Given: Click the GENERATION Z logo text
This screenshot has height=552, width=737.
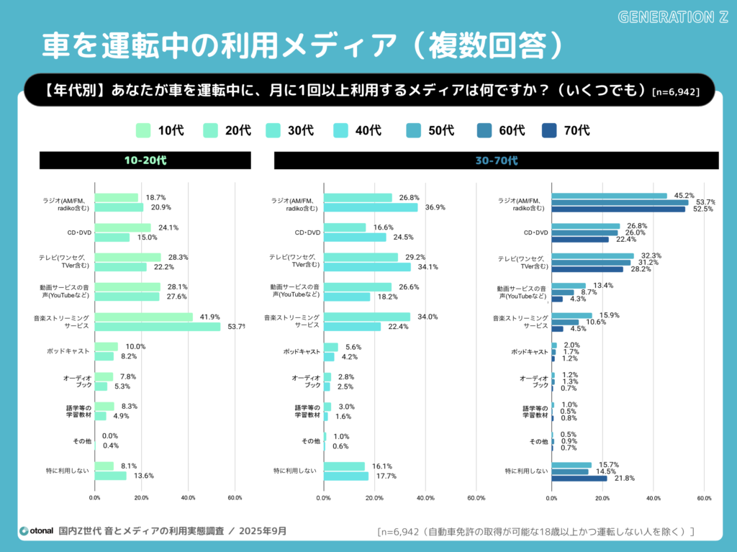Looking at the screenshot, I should click(x=673, y=17).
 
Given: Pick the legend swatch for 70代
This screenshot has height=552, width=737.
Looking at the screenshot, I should click(x=550, y=130).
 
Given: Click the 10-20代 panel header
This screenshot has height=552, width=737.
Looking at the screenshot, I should click(x=145, y=160).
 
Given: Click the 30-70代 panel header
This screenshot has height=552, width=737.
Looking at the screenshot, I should click(x=496, y=160).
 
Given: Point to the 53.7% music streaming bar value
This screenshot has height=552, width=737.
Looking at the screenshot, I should click(x=235, y=327).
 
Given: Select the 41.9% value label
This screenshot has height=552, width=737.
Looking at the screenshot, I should click(x=209, y=317).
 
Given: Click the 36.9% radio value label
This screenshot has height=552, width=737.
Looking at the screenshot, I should click(x=435, y=207).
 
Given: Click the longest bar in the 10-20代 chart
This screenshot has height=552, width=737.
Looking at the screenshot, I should click(x=158, y=327).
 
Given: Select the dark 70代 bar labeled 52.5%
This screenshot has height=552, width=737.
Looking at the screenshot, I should click(x=618, y=209).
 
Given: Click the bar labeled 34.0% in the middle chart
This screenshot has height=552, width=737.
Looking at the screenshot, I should click(x=367, y=317).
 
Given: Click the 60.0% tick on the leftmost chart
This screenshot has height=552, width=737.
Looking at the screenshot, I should click(x=235, y=497).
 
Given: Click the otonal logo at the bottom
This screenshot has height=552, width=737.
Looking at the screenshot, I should click(x=36, y=531).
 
